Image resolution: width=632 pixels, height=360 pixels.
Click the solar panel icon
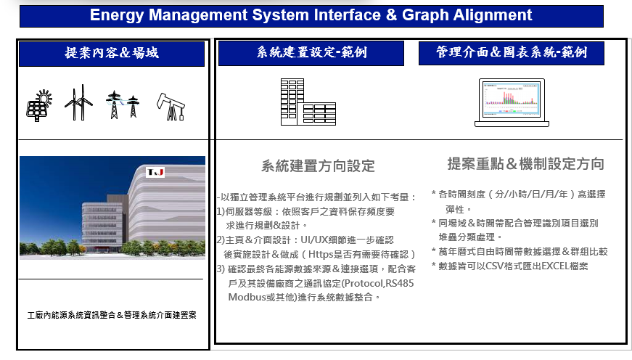point(39,106)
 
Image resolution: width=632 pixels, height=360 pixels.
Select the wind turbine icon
point(78,103)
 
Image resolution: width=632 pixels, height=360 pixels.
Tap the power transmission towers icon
point(123,105)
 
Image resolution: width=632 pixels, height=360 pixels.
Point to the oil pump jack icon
point(171,107)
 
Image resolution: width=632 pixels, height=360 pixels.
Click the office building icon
point(308,102)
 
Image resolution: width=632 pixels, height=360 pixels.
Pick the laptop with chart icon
point(512,103)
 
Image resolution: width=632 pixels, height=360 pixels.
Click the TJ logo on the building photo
point(155,172)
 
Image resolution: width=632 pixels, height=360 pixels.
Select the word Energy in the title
point(117,15)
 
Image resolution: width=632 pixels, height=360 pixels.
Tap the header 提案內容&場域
point(112,53)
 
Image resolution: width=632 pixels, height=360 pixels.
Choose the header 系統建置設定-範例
point(311,52)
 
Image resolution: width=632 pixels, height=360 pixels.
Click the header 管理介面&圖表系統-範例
point(512,52)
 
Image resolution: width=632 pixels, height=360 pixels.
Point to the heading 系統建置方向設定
point(318,165)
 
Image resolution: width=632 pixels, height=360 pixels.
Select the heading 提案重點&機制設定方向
point(525,164)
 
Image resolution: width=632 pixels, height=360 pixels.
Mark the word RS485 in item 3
point(399,283)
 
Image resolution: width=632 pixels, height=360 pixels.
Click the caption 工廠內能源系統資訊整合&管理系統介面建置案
point(112,315)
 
